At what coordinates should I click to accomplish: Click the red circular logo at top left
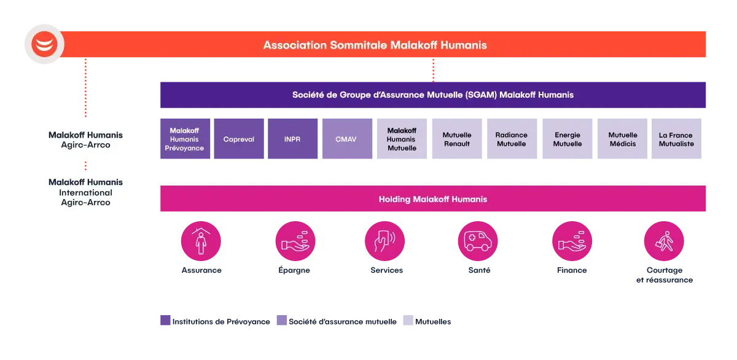(44, 44)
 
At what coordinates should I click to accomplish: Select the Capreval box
(239, 139)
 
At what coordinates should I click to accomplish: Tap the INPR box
(292, 139)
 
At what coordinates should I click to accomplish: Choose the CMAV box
(346, 139)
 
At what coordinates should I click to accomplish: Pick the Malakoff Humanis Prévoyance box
(184, 139)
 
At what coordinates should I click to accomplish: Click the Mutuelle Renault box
(456, 139)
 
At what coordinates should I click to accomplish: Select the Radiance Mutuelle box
(511, 139)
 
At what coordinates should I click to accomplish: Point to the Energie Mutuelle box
(567, 139)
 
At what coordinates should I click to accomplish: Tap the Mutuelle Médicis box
(622, 139)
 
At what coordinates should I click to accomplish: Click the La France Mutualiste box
(676, 139)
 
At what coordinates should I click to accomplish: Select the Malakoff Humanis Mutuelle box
(401, 139)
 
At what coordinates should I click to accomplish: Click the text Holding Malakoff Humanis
(432, 199)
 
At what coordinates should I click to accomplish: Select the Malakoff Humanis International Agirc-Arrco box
(86, 192)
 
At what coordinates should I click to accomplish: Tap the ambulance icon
(477, 241)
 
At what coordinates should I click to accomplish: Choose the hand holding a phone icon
(384, 241)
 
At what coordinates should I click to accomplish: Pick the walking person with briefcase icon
(663, 241)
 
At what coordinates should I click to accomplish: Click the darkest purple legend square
(164, 321)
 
